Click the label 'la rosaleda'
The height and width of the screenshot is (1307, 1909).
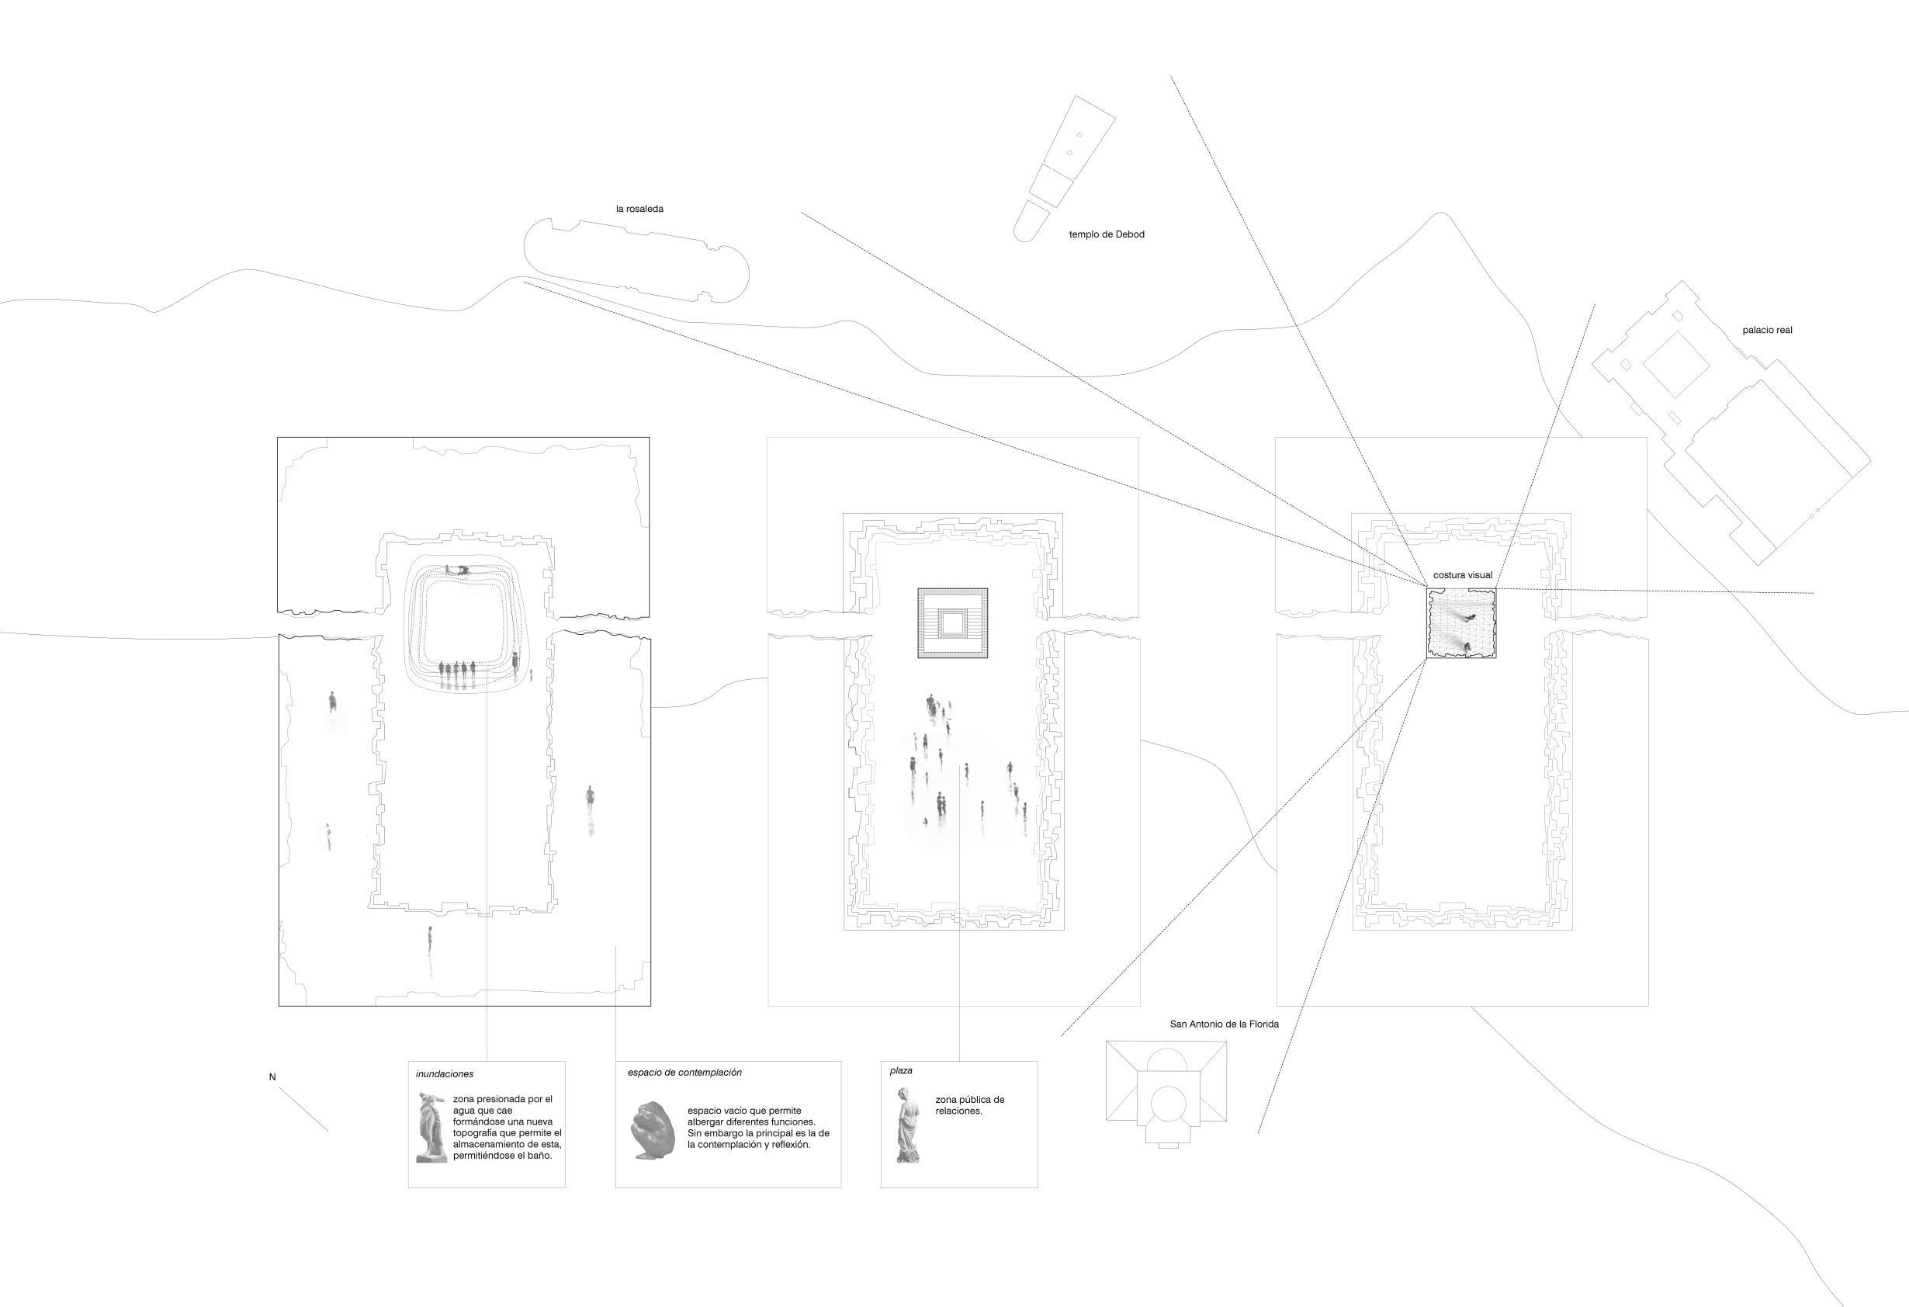pyautogui.click(x=639, y=209)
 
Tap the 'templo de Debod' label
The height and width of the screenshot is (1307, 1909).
pyautogui.click(x=1106, y=234)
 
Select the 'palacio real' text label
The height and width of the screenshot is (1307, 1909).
pyautogui.click(x=1767, y=330)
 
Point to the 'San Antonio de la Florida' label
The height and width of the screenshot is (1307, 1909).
pyautogui.click(x=1224, y=1024)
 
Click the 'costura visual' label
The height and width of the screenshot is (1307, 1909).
pyautogui.click(x=1462, y=575)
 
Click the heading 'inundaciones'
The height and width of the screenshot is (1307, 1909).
pyautogui.click(x=445, y=1073)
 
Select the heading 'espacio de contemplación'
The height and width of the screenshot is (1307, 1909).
pyautogui.click(x=684, y=1072)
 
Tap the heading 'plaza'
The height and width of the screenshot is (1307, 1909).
pyautogui.click(x=900, y=1070)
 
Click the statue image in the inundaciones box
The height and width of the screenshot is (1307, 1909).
pyautogui.click(x=430, y=1127)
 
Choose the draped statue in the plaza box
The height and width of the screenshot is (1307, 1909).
pyautogui.click(x=907, y=1125)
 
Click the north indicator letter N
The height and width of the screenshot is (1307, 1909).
pyautogui.click(x=272, y=1077)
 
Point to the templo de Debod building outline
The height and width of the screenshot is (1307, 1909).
pyautogui.click(x=1065, y=165)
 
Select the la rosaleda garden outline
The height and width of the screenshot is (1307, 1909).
pyautogui.click(x=636, y=258)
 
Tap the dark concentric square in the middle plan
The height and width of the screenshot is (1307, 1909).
pyautogui.click(x=952, y=622)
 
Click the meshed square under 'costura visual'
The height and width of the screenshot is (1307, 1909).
pyautogui.click(x=1460, y=623)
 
